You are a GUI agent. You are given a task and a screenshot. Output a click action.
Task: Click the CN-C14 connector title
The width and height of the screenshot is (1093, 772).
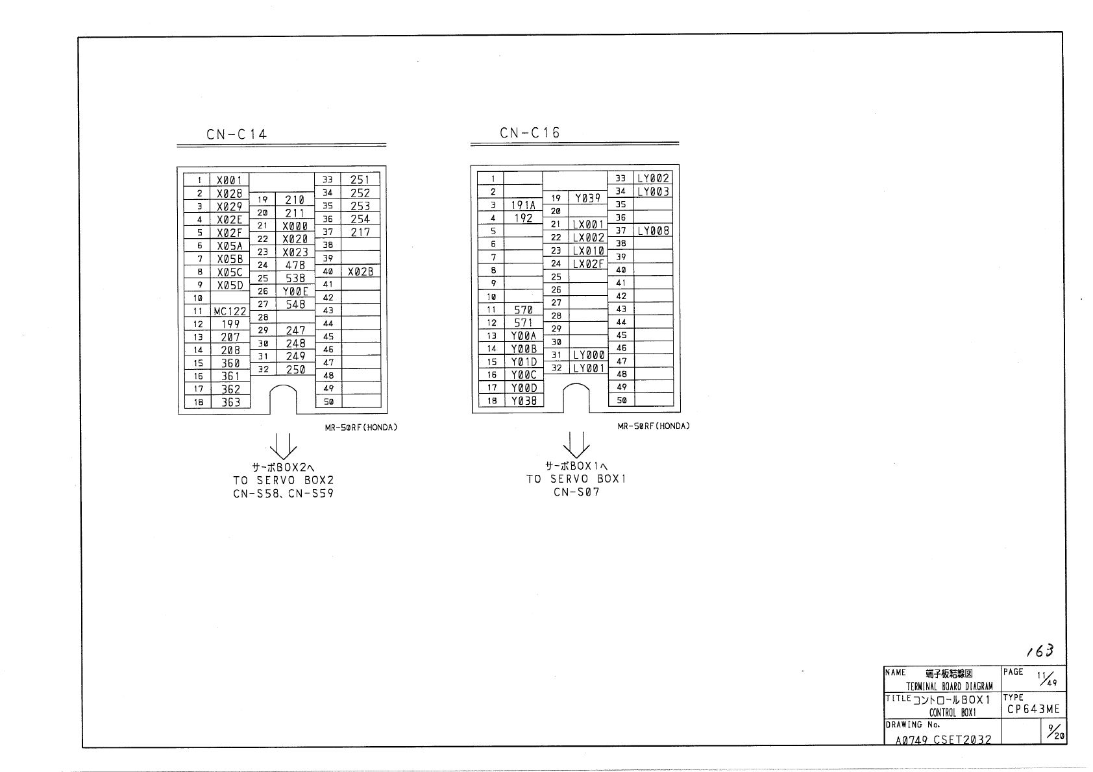236,134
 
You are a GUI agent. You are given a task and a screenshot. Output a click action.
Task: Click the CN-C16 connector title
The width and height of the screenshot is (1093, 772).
530,133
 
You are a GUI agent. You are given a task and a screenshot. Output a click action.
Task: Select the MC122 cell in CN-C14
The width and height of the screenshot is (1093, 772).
230,311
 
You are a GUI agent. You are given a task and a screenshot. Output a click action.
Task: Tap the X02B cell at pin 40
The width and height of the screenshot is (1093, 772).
360,272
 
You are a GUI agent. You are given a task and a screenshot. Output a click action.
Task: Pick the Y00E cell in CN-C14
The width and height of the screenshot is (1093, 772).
295,291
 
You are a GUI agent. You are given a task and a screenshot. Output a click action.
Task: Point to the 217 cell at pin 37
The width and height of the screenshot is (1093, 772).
360,232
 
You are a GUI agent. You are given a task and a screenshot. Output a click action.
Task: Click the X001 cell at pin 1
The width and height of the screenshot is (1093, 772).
230,180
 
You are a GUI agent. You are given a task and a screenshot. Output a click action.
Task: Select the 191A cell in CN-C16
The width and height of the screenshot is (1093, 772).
523,205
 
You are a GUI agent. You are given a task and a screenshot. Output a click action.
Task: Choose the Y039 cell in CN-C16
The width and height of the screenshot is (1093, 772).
587,198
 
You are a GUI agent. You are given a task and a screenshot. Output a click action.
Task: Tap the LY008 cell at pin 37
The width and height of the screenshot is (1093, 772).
653,231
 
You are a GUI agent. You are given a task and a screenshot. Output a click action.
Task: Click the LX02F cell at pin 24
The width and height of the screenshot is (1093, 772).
588,264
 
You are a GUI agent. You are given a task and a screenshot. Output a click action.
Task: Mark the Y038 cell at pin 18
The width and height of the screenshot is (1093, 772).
524,401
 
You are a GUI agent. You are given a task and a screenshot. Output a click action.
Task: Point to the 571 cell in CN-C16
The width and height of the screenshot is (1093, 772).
523,322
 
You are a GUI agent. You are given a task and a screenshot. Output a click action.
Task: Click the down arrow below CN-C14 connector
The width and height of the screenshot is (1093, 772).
283,445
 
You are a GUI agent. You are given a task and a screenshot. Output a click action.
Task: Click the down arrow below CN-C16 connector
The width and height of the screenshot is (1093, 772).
576,444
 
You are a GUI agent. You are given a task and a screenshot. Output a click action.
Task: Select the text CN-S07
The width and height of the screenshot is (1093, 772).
576,492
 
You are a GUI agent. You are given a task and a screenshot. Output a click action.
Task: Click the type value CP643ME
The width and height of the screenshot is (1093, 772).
1033,709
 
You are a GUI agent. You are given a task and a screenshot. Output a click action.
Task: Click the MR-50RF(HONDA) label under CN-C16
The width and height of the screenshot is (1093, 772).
654,426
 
